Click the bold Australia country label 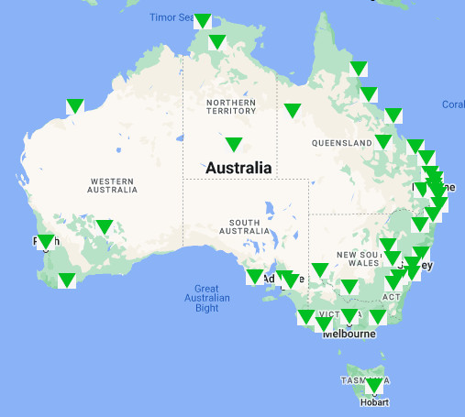click(x=238, y=168)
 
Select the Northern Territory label click(x=230, y=106)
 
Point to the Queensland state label click(x=340, y=143)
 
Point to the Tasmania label click(x=358, y=379)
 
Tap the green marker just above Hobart click(x=372, y=385)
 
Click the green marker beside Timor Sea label click(x=203, y=20)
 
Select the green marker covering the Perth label click(x=46, y=242)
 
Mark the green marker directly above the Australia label click(x=233, y=143)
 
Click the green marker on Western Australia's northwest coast click(x=74, y=105)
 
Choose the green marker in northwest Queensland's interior click(x=292, y=110)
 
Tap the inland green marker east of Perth click(x=104, y=225)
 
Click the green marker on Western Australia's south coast click(x=66, y=280)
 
